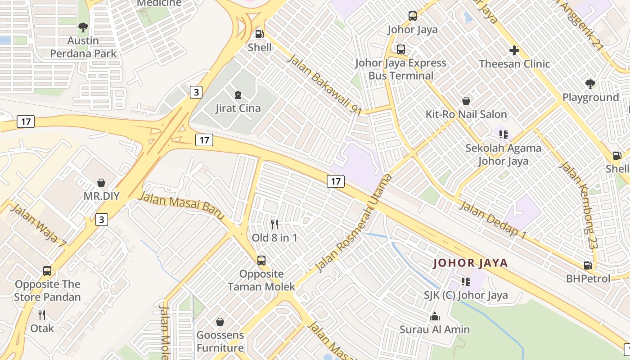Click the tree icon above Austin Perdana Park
point(83,27)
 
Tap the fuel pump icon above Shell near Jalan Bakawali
point(260,34)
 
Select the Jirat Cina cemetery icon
point(238,95)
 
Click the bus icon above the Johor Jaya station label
point(412,17)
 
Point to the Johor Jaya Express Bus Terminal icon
point(400,49)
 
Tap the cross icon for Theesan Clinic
point(514,50)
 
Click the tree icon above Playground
point(590,84)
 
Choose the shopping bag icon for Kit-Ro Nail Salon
point(466,101)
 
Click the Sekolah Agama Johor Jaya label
point(503,154)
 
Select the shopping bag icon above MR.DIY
point(101,183)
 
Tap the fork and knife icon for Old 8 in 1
point(274,224)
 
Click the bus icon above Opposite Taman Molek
point(261,261)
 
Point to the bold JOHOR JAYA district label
point(470,263)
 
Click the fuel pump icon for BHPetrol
point(588,265)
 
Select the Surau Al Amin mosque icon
point(434,316)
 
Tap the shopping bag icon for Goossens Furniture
point(220,322)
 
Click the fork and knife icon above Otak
point(42,315)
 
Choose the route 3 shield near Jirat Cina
point(196,92)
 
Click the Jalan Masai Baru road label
point(182,206)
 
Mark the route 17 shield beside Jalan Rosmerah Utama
point(335,181)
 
